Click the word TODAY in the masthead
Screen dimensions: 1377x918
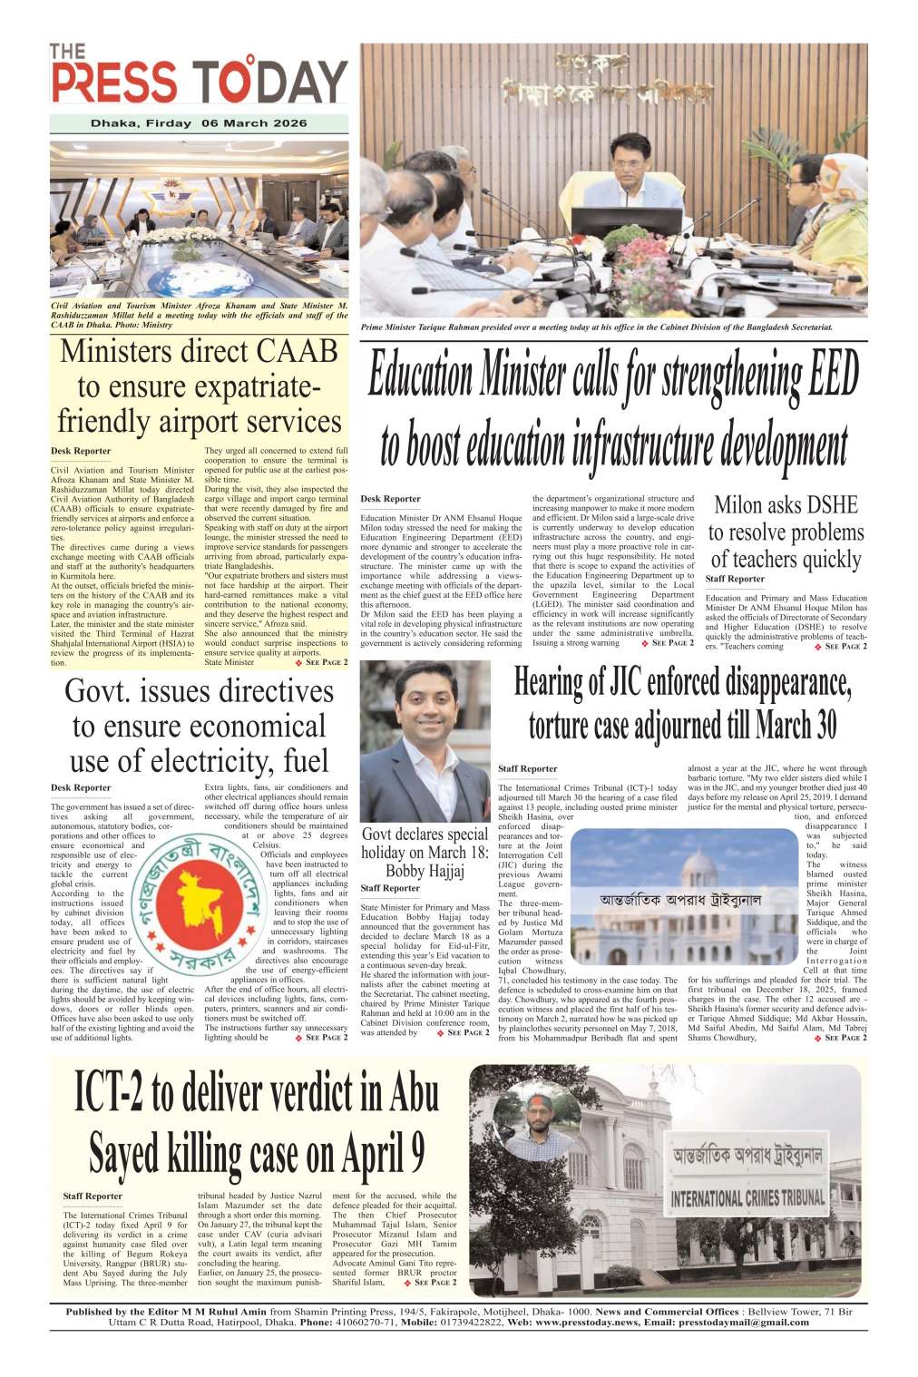(272, 82)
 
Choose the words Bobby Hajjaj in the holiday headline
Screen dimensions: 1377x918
(425, 871)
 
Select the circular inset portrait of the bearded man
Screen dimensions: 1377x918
(541, 1118)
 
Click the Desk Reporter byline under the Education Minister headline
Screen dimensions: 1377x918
(390, 499)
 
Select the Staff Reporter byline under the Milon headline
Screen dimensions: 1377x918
(735, 579)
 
